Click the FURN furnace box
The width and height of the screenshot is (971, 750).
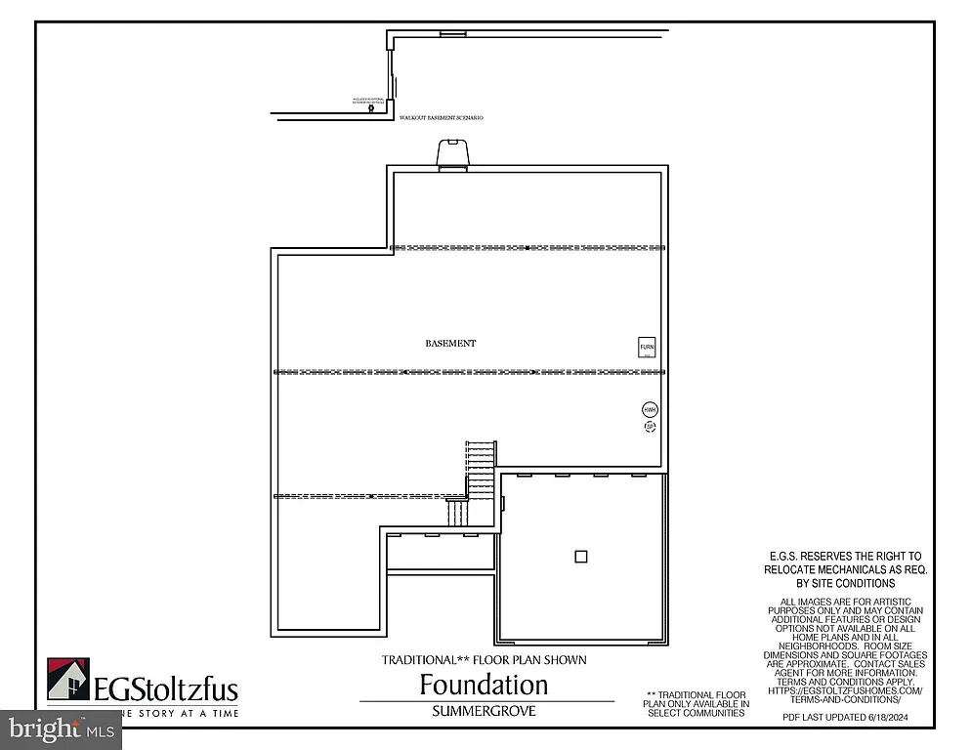click(647, 348)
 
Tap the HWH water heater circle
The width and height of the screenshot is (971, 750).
click(650, 410)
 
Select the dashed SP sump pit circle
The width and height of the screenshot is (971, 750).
click(650, 427)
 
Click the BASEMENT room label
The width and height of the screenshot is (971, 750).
click(450, 344)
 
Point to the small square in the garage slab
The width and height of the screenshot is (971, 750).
click(581, 557)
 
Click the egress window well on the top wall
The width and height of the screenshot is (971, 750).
click(452, 154)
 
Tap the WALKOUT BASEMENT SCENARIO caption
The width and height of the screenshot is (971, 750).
click(442, 117)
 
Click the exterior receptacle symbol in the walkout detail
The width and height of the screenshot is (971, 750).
click(370, 108)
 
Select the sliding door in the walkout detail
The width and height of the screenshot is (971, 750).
click(391, 73)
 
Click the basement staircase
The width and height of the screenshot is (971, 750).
click(480, 469)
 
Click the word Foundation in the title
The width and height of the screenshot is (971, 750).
click(484, 684)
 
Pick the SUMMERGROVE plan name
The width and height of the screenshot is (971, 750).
click(484, 712)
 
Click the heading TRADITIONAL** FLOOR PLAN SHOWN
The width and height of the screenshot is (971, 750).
click(484, 660)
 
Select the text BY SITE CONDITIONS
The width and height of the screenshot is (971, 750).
click(844, 583)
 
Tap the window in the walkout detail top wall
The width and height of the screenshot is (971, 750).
click(452, 33)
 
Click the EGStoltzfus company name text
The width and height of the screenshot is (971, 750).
click(166, 690)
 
